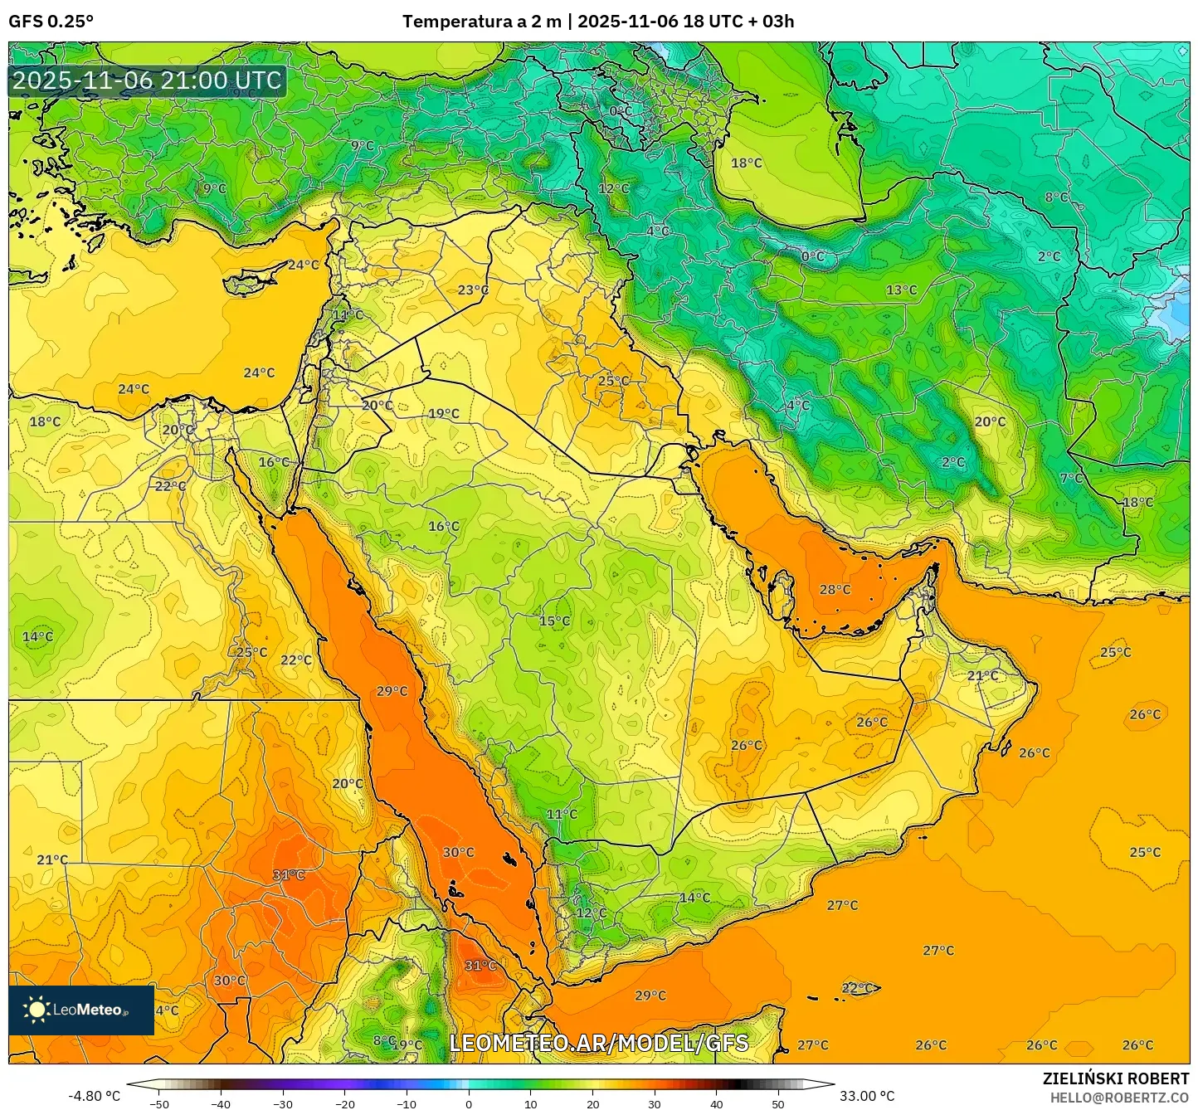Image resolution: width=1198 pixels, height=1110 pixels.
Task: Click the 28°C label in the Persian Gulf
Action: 835,590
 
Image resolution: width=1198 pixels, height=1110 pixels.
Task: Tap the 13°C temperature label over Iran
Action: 901,290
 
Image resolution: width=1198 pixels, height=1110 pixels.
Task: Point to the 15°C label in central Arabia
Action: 554,621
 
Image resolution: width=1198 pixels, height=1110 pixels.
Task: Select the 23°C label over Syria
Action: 473,290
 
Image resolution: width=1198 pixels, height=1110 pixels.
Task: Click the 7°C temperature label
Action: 1071,479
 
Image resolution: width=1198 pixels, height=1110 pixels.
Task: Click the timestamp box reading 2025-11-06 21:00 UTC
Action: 147,80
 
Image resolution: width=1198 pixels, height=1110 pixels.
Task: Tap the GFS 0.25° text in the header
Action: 51,22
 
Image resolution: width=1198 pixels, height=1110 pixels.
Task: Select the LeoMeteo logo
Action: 81,1010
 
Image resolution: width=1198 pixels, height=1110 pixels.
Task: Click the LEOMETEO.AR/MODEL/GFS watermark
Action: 598,1043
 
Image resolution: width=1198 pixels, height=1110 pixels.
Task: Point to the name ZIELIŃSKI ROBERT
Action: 1115,1078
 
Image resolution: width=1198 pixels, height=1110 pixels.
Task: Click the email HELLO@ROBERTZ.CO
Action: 1119,1097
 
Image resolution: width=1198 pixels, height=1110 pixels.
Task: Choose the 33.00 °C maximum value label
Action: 866,1096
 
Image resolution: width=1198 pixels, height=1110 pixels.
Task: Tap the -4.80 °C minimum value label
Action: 94,1096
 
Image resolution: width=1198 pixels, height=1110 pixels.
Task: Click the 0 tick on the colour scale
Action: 469,1104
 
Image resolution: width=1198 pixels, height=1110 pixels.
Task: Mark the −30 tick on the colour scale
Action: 283,1104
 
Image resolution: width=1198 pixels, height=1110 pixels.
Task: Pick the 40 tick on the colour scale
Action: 717,1104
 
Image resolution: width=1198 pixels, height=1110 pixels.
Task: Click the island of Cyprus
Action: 251,281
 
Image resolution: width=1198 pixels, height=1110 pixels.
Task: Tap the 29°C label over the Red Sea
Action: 392,691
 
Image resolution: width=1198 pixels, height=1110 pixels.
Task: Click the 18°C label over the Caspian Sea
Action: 746,163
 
